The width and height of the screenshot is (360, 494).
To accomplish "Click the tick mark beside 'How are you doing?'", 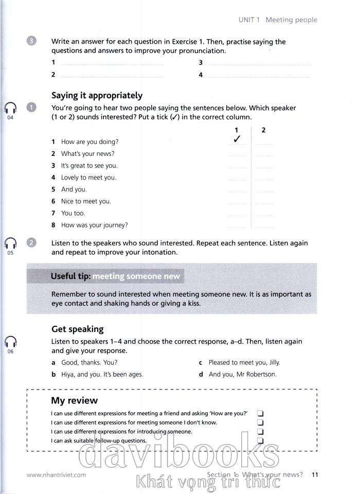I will coord(237,139).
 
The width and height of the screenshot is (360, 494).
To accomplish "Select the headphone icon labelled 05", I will coord(10,243).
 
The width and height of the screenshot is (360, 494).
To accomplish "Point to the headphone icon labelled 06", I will coord(10,341).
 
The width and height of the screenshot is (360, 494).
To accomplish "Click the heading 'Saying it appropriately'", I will coord(97,95).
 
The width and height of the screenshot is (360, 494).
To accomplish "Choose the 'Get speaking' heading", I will coord(77,329).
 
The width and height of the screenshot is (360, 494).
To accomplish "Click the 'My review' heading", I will coord(74,400).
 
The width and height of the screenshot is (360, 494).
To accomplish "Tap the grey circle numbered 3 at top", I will coord(32,42).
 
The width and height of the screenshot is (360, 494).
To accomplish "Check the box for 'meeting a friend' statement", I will coord(260,413).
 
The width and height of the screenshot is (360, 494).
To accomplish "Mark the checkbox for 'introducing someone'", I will coord(260,432).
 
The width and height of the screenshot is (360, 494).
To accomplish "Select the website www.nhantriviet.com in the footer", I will coord(56,475).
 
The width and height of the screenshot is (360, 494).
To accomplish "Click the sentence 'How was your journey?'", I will coord(94,225).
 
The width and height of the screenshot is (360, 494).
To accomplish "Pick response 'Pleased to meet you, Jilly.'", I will coord(244,362).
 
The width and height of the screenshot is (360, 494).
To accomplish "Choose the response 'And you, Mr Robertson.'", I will coord(242,374).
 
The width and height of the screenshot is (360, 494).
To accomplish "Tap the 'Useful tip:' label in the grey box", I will coord(70,276).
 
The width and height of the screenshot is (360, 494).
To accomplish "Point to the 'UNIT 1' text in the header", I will coord(249,20).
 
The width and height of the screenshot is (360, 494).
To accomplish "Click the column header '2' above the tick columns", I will coord(263,130).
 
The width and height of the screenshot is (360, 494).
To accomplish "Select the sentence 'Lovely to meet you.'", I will coord(88,178).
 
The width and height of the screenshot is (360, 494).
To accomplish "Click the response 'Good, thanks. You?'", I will coord(89,362).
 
